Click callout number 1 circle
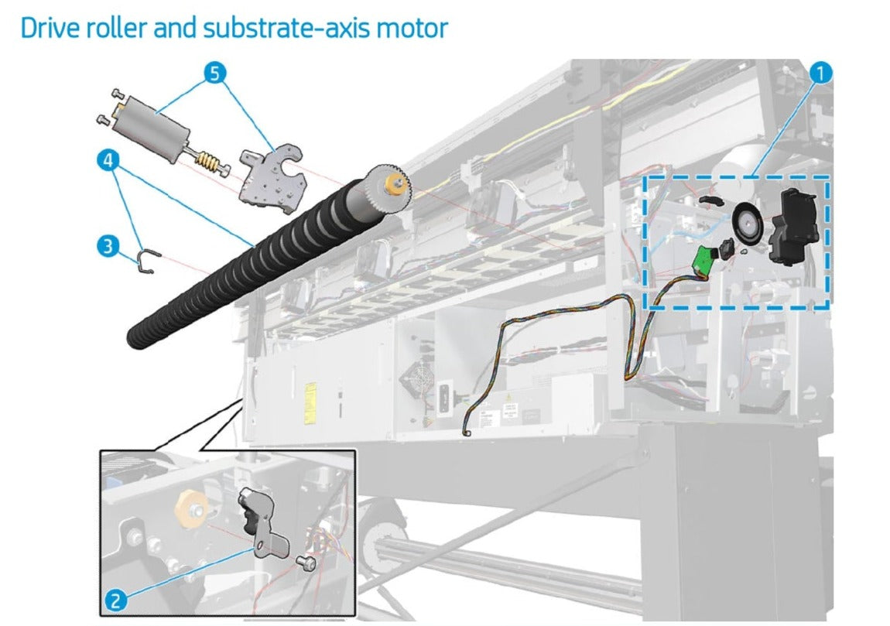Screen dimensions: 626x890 click(820, 74)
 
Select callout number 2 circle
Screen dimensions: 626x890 click(117, 599)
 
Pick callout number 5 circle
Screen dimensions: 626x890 click(214, 74)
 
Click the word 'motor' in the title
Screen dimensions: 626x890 click(415, 29)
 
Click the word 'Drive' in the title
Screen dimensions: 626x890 click(50, 29)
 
